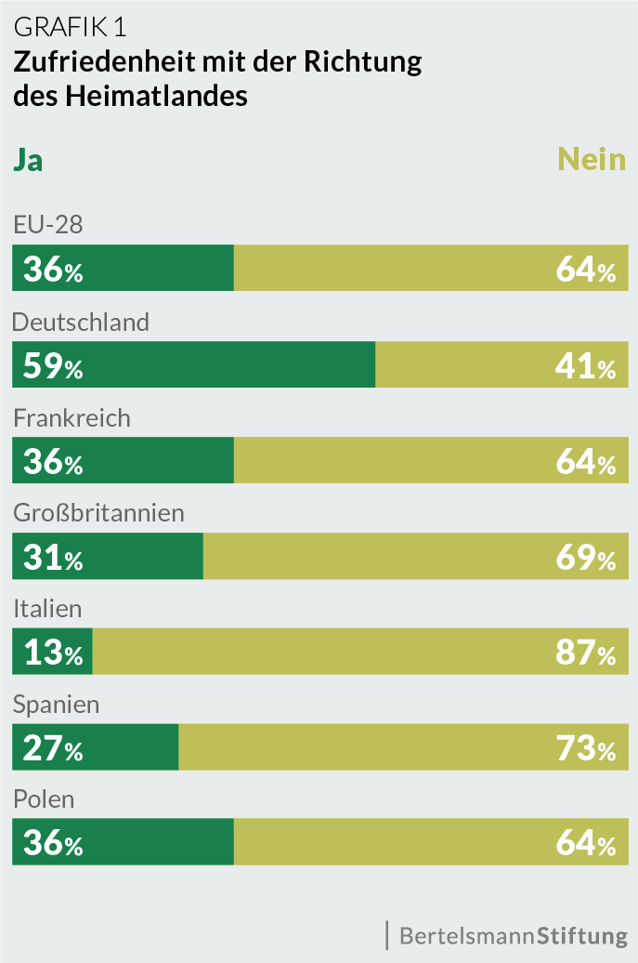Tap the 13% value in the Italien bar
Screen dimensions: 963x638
pos(53,653)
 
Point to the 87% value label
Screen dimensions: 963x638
pos(586,653)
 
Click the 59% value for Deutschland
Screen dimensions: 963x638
pos(53,365)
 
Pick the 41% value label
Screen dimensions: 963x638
pos(586,365)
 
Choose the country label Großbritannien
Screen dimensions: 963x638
pos(98,512)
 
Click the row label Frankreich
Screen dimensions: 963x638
pos(72,417)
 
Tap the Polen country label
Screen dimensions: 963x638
pos(44,798)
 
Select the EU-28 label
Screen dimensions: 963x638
pos(48,225)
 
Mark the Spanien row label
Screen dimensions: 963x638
pos(56,704)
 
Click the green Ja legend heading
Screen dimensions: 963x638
pos(28,160)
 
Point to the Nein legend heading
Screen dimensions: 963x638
pos(592,159)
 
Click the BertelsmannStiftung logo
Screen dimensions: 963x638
pos(513,934)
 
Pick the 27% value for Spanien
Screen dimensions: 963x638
pos(53,748)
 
